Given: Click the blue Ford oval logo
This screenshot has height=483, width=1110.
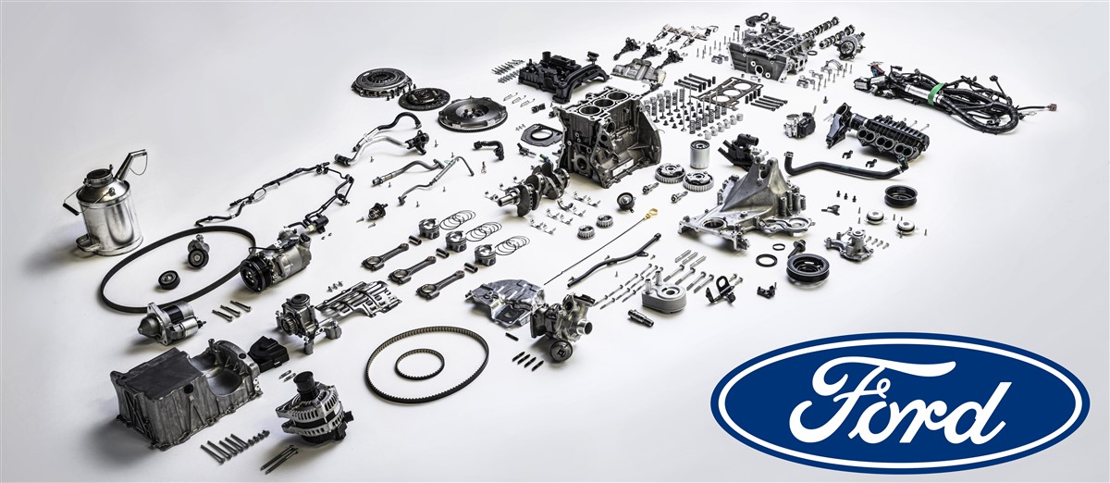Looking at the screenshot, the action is click(900, 402).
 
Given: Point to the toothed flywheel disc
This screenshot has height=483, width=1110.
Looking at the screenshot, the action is click(473, 115).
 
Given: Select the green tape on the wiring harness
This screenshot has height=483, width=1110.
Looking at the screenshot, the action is click(935, 93).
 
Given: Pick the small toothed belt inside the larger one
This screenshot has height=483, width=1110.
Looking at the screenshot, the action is click(419, 364).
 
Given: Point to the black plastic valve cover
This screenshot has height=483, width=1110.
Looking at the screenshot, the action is click(562, 74).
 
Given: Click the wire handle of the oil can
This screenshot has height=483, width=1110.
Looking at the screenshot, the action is click(94, 198).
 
